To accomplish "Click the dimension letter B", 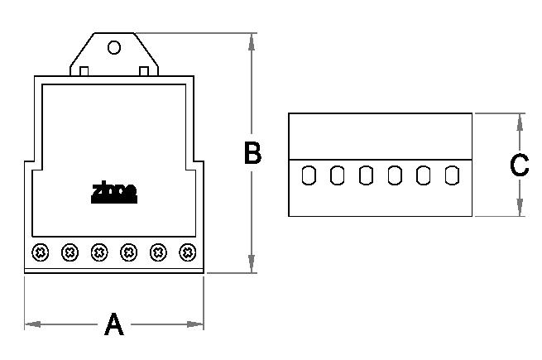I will click(252, 153).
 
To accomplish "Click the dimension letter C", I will click(520, 166).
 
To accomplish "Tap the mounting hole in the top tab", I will click(114, 47).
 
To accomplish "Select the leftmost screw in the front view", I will click(40, 251).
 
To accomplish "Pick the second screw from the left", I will click(70, 251).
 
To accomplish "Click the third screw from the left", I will click(99, 251).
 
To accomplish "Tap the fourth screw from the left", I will click(128, 251).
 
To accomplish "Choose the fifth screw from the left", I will click(158, 251).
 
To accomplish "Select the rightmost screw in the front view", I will click(188, 251).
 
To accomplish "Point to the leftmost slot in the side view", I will click(308, 175).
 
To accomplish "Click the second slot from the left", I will click(337, 175).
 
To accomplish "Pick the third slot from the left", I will click(366, 175).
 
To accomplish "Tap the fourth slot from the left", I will click(395, 175).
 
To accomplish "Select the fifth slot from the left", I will click(424, 175).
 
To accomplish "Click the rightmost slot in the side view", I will click(452, 175).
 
